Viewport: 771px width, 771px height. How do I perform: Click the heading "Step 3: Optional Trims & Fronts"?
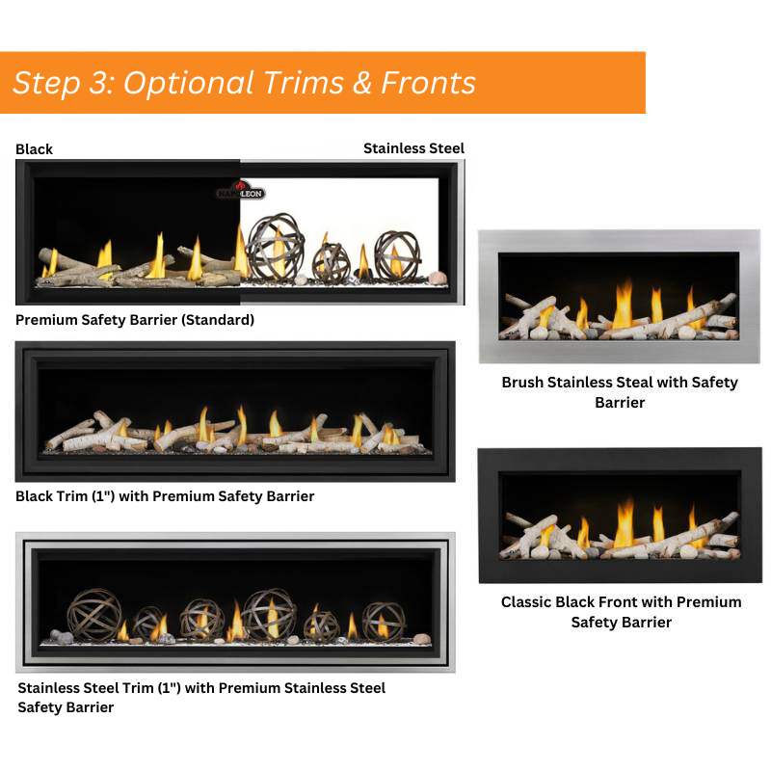(245, 83)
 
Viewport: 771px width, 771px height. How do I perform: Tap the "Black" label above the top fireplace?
(35, 149)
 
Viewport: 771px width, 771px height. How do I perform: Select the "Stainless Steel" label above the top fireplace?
(413, 148)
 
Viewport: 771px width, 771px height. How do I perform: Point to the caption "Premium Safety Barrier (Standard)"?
(135, 320)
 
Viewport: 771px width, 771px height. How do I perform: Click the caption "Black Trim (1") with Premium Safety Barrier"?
(165, 496)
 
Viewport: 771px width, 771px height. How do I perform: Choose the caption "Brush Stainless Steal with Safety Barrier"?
(619, 392)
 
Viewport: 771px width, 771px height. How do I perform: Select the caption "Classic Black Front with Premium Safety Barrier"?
(621, 612)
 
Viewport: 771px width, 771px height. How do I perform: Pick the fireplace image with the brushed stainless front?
(619, 297)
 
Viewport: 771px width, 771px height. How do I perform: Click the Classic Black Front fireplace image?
(620, 515)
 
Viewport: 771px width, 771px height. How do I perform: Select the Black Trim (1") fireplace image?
(235, 411)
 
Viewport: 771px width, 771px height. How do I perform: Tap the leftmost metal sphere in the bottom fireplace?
(93, 615)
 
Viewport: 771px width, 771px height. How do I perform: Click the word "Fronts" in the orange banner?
(428, 83)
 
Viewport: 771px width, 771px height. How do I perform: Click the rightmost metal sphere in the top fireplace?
(396, 254)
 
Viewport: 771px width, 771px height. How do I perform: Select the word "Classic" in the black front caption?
(528, 602)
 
